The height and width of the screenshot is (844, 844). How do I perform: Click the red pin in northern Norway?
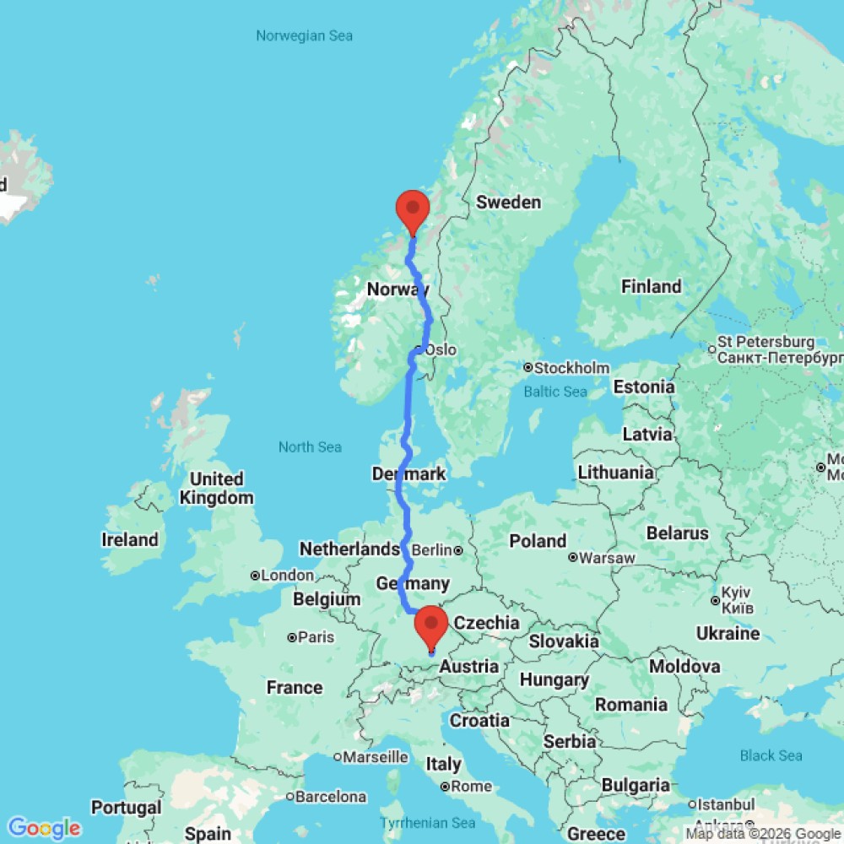tap(413, 208)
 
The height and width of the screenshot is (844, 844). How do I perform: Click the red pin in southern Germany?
tap(431, 625)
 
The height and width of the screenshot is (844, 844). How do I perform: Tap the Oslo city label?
tap(441, 349)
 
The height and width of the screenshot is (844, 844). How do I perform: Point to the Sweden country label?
tap(508, 202)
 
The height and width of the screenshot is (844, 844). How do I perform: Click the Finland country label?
tap(651, 286)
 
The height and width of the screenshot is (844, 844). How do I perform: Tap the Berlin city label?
tap(431, 550)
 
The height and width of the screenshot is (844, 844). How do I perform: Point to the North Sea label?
tap(310, 446)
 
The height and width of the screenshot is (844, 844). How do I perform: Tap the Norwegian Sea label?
tap(305, 35)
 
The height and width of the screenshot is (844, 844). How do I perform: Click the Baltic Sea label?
tap(555, 392)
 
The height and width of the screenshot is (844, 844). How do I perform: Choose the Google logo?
tap(43, 828)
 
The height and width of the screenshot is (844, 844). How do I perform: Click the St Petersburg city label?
tap(766, 343)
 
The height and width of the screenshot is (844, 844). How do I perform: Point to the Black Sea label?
tap(771, 755)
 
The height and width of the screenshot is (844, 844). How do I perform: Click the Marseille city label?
tap(376, 757)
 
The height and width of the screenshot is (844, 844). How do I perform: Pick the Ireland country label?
tap(130, 539)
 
